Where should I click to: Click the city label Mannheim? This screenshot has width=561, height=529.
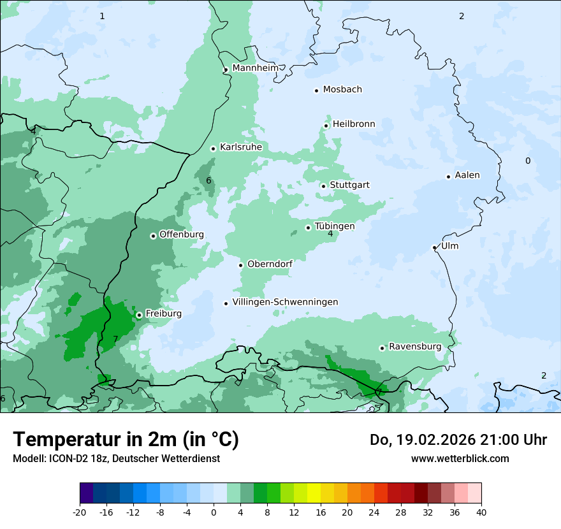(x=255, y=68)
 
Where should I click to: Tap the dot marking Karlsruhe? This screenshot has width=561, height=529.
(x=214, y=149)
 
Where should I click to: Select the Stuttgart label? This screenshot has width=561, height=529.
(x=349, y=185)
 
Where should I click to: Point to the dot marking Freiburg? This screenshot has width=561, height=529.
(x=139, y=315)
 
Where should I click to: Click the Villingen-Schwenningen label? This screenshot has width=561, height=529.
(x=285, y=302)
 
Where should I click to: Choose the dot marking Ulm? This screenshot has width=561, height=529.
(x=435, y=247)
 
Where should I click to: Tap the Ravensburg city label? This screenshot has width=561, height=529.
(x=415, y=347)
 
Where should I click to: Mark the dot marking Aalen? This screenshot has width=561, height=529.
(x=449, y=177)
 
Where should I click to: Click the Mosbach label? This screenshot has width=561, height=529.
(x=342, y=89)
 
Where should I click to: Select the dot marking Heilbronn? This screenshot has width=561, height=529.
(x=326, y=126)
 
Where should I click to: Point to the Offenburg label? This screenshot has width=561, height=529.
(x=182, y=235)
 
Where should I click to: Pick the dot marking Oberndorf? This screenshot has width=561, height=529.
(x=241, y=265)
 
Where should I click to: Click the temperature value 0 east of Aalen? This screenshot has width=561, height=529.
(x=528, y=161)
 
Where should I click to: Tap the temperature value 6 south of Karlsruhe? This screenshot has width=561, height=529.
(x=208, y=180)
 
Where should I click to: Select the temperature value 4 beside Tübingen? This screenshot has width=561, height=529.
(x=330, y=234)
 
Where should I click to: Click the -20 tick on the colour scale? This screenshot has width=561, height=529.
(x=80, y=512)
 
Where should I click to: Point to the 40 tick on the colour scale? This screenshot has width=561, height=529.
(x=481, y=512)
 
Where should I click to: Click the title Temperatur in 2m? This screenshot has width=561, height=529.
(x=126, y=439)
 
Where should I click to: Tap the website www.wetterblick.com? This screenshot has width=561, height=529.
(x=460, y=458)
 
